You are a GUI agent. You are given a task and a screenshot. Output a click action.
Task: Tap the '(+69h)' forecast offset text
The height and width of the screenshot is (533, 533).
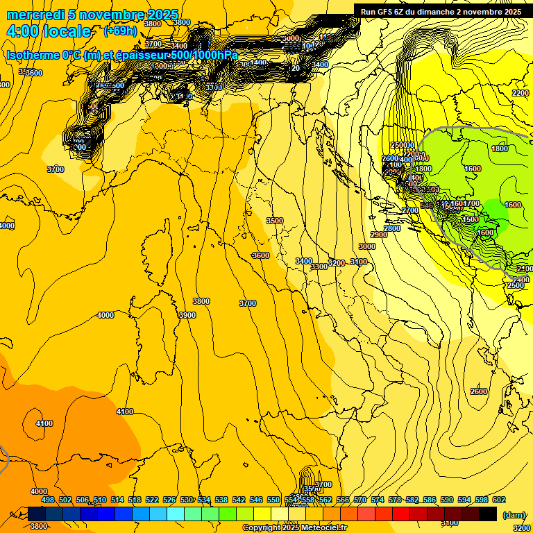pyautogui.click(x=120, y=31)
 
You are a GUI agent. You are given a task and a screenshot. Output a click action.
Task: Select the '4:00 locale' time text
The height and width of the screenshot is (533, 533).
pyautogui.click(x=49, y=31)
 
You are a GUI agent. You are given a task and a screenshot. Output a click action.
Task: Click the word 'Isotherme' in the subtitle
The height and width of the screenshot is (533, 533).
pyautogui.click(x=32, y=55)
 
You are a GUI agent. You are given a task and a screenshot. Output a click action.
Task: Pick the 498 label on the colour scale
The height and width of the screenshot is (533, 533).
pyautogui.click(x=48, y=500)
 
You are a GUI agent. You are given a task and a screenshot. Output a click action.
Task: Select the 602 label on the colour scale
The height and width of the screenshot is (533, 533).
pyautogui.click(x=499, y=500)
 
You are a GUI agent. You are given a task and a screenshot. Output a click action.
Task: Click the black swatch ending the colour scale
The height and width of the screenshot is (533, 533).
pyautogui.click(x=488, y=514)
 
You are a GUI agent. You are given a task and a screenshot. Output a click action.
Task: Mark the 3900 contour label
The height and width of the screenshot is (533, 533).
pyautogui.click(x=187, y=315)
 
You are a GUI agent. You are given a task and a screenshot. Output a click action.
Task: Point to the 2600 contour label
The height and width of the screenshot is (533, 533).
pyautogui.click(x=479, y=391)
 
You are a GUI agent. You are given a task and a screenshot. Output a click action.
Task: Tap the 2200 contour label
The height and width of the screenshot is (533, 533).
pyautogui.click(x=520, y=93)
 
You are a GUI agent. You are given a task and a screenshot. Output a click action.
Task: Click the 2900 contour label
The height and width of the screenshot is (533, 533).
pyautogui.click(x=379, y=235)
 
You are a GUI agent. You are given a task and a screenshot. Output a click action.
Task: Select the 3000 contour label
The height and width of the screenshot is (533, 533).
pyautogui.click(x=367, y=246)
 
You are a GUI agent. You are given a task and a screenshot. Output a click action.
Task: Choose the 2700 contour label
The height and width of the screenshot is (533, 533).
pyautogui.click(x=410, y=210)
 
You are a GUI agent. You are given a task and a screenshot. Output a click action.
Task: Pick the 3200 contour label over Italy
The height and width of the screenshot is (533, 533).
pyautogui.click(x=337, y=263)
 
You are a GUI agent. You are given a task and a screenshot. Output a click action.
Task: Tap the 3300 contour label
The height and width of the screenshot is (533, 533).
pyautogui.click(x=319, y=267)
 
